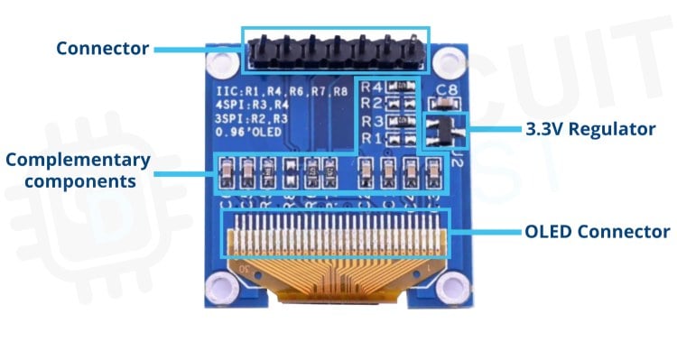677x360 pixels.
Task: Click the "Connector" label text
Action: [102, 48]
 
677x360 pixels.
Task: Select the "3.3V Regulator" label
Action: [589, 129]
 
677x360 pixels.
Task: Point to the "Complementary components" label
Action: [76, 171]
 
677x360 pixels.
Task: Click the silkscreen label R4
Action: [370, 88]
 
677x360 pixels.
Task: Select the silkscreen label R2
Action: [370, 105]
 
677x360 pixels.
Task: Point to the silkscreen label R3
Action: [370, 122]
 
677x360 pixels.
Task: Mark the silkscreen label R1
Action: [370, 138]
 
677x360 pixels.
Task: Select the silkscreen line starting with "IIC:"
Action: [281, 92]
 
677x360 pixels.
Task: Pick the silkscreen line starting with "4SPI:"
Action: [253, 106]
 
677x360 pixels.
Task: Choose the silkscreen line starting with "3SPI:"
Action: [253, 120]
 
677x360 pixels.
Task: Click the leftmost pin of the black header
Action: [256, 53]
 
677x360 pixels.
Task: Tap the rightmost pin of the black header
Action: [412, 53]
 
